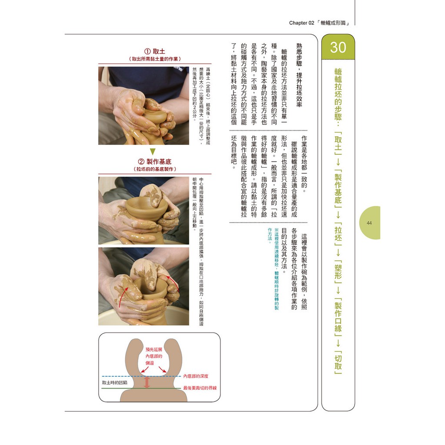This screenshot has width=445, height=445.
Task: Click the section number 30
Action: [338, 47]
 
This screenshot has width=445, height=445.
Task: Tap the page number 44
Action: [369, 223]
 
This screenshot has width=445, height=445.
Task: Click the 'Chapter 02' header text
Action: [302, 23]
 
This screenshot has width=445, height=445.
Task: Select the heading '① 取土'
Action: [155, 51]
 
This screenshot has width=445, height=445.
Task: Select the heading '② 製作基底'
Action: [155, 162]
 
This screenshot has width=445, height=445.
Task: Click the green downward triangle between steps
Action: [153, 152]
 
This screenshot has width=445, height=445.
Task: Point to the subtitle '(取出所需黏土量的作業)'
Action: [155, 59]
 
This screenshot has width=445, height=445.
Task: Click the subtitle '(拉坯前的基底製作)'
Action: [155, 169]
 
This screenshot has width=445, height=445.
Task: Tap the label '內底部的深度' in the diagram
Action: [196, 376]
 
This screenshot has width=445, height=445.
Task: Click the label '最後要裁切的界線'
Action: [200, 388]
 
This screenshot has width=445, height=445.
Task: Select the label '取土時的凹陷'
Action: [115, 382]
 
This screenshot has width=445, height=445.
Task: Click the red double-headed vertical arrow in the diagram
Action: [147, 382]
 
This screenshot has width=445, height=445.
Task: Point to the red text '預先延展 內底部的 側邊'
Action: [154, 356]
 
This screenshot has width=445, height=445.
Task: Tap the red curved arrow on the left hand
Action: [122, 296]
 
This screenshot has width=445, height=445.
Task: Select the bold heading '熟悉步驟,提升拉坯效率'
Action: [299, 75]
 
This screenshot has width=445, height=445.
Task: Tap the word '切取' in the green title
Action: [338, 362]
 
